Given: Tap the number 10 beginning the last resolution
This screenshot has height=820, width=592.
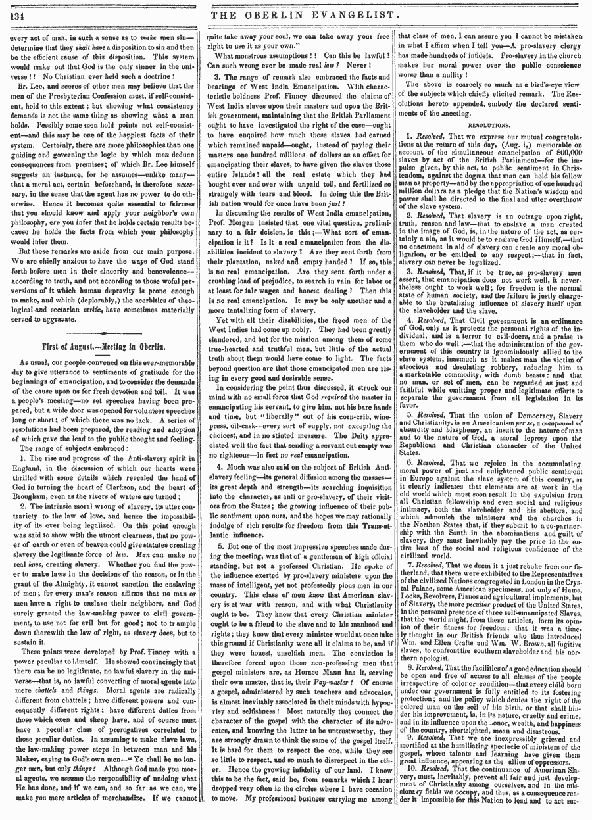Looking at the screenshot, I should [410, 781].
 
